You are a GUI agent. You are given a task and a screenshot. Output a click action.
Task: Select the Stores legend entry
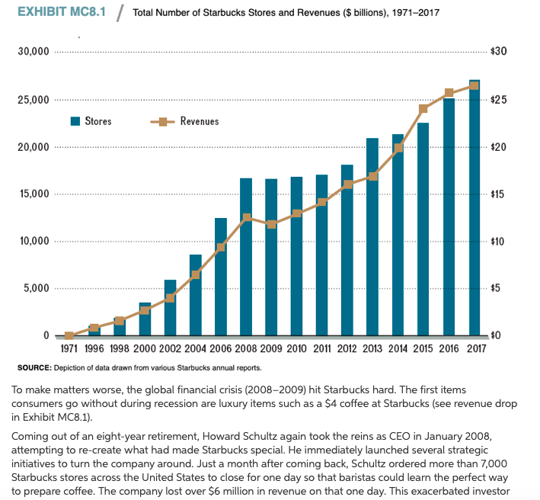(x=91, y=121)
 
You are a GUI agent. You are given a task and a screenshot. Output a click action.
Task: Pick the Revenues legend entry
(x=186, y=121)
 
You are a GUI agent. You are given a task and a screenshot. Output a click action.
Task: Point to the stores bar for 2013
(x=372, y=237)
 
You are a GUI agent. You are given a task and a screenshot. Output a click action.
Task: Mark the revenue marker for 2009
(x=271, y=224)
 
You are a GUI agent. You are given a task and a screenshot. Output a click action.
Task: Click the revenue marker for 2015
(x=423, y=108)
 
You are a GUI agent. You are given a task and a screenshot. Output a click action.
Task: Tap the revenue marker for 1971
(x=69, y=335)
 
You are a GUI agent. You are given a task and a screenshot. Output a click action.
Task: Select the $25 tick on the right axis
(x=499, y=100)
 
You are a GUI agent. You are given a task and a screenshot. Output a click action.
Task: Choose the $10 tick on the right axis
(x=499, y=242)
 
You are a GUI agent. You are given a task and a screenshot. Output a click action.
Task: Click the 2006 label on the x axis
(x=221, y=350)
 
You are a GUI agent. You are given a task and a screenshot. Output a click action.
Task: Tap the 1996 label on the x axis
(x=94, y=350)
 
